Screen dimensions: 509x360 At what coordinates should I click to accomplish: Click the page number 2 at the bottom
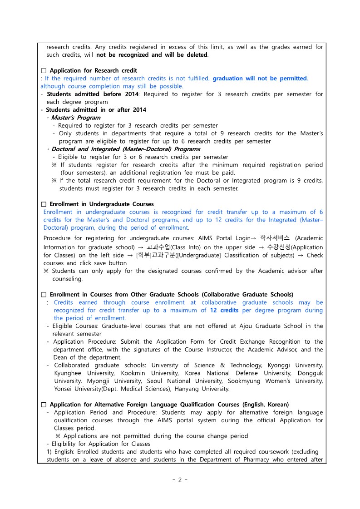pyautogui.click(x=179, y=480)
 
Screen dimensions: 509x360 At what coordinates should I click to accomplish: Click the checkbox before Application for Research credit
pyautogui.click(x=44, y=71)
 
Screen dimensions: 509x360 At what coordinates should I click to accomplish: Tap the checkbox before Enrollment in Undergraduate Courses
pyautogui.click(x=44, y=204)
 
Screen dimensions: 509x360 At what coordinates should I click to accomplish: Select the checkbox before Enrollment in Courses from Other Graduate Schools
pyautogui.click(x=44, y=295)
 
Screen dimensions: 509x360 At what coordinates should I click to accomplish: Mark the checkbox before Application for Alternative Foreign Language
pyautogui.click(x=44, y=405)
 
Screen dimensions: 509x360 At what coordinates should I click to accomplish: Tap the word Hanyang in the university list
pyautogui.click(x=206, y=389)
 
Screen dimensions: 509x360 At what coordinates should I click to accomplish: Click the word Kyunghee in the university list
pyautogui.click(x=69, y=373)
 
